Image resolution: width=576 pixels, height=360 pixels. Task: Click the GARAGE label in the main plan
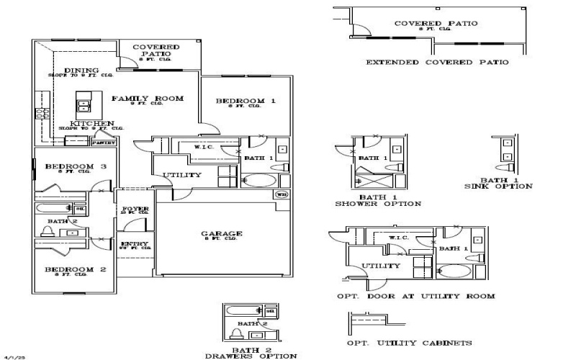222,234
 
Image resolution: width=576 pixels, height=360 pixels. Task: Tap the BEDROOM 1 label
246,102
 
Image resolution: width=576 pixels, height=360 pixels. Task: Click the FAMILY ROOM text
147,99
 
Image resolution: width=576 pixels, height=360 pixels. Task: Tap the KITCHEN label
91,124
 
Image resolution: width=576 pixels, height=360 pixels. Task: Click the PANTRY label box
102,143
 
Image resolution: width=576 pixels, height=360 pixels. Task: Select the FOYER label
135,210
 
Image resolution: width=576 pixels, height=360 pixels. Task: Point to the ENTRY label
135,245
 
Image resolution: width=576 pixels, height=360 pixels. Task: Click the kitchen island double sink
84,105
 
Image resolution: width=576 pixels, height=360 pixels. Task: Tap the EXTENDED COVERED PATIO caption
437,63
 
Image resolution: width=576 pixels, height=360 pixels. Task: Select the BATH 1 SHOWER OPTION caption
378,199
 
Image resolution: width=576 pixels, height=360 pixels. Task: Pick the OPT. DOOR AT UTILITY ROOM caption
415,296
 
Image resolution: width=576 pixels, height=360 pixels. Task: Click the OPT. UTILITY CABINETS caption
410,343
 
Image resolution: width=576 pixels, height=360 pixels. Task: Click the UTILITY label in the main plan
181,175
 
